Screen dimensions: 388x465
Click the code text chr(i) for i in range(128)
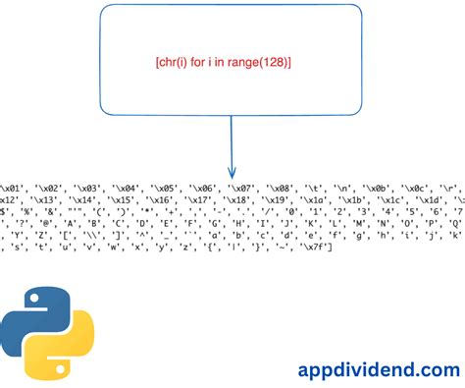tap(223, 62)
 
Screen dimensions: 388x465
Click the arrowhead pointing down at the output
tap(232, 172)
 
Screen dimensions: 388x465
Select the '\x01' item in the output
tap(14, 189)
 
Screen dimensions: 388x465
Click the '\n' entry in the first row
tap(346, 189)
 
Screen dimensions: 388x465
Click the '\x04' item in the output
tap(129, 189)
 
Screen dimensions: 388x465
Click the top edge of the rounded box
tap(232, 6)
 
